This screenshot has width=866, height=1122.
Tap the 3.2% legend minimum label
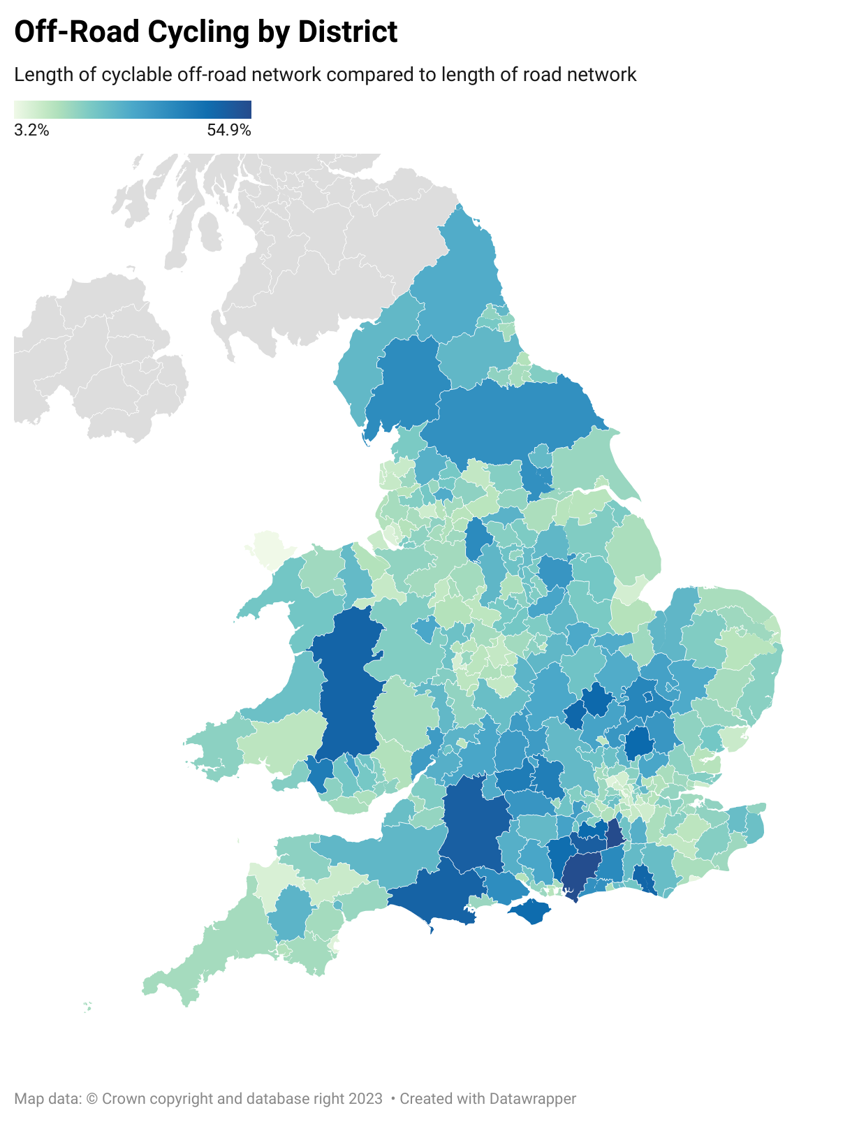tap(31, 130)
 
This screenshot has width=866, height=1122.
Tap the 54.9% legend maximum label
tap(228, 130)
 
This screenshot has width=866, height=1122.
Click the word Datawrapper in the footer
tap(532, 1098)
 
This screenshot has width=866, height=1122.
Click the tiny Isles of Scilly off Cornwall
tap(87, 1007)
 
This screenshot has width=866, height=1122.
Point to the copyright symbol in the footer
tap(92, 1098)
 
